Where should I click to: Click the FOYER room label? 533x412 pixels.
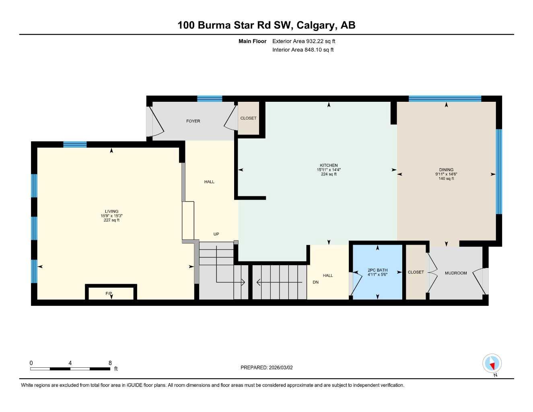coord(193,121)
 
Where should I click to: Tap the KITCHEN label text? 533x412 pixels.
coord(329,165)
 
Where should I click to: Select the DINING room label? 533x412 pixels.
coord(446,170)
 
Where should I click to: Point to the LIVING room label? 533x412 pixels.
coord(111,211)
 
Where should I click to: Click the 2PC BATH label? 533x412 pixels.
coord(377,270)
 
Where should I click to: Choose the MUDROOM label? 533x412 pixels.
coord(456,273)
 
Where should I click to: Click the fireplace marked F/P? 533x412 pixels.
coord(111,293)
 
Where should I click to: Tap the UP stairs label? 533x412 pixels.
coord(216,234)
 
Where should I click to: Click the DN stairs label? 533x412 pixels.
coord(315,282)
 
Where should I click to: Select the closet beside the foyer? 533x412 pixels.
coord(249,118)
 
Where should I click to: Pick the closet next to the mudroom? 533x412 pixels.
coord(416,272)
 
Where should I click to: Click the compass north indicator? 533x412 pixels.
coord(492,363)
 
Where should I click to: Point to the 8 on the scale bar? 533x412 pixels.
coord(110,363)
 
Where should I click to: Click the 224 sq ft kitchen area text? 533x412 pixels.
coord(329,174)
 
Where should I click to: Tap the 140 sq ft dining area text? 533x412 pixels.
coord(446,179)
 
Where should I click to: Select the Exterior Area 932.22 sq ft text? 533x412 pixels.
coord(304,41)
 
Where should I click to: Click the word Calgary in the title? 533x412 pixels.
coord(316,25)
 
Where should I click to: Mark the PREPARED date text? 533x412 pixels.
coord(267,368)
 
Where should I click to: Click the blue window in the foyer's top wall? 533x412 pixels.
coord(210,99)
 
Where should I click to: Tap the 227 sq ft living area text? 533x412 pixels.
coord(111,220)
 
